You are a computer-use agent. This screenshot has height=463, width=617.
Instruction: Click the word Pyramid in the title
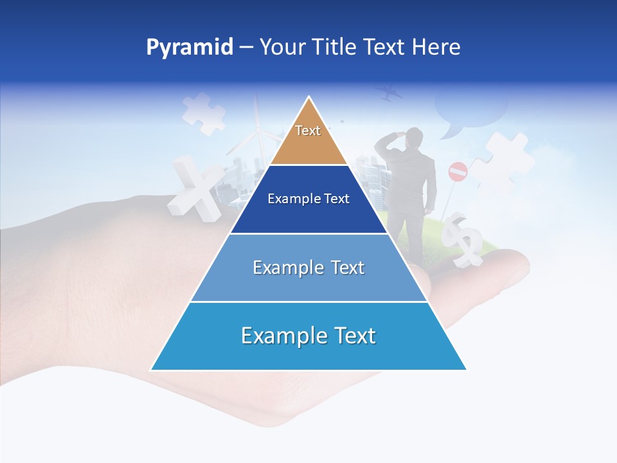pos(190,47)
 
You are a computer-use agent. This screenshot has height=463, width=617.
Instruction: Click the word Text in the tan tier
pos(308,131)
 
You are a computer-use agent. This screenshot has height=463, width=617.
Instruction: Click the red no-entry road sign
pos(458,171)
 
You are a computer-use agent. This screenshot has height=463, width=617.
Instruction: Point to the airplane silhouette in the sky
pos(389,93)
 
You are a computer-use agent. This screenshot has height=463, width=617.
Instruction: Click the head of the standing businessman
pos(415,136)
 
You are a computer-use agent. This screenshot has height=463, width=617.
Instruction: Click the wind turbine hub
pos(258,131)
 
